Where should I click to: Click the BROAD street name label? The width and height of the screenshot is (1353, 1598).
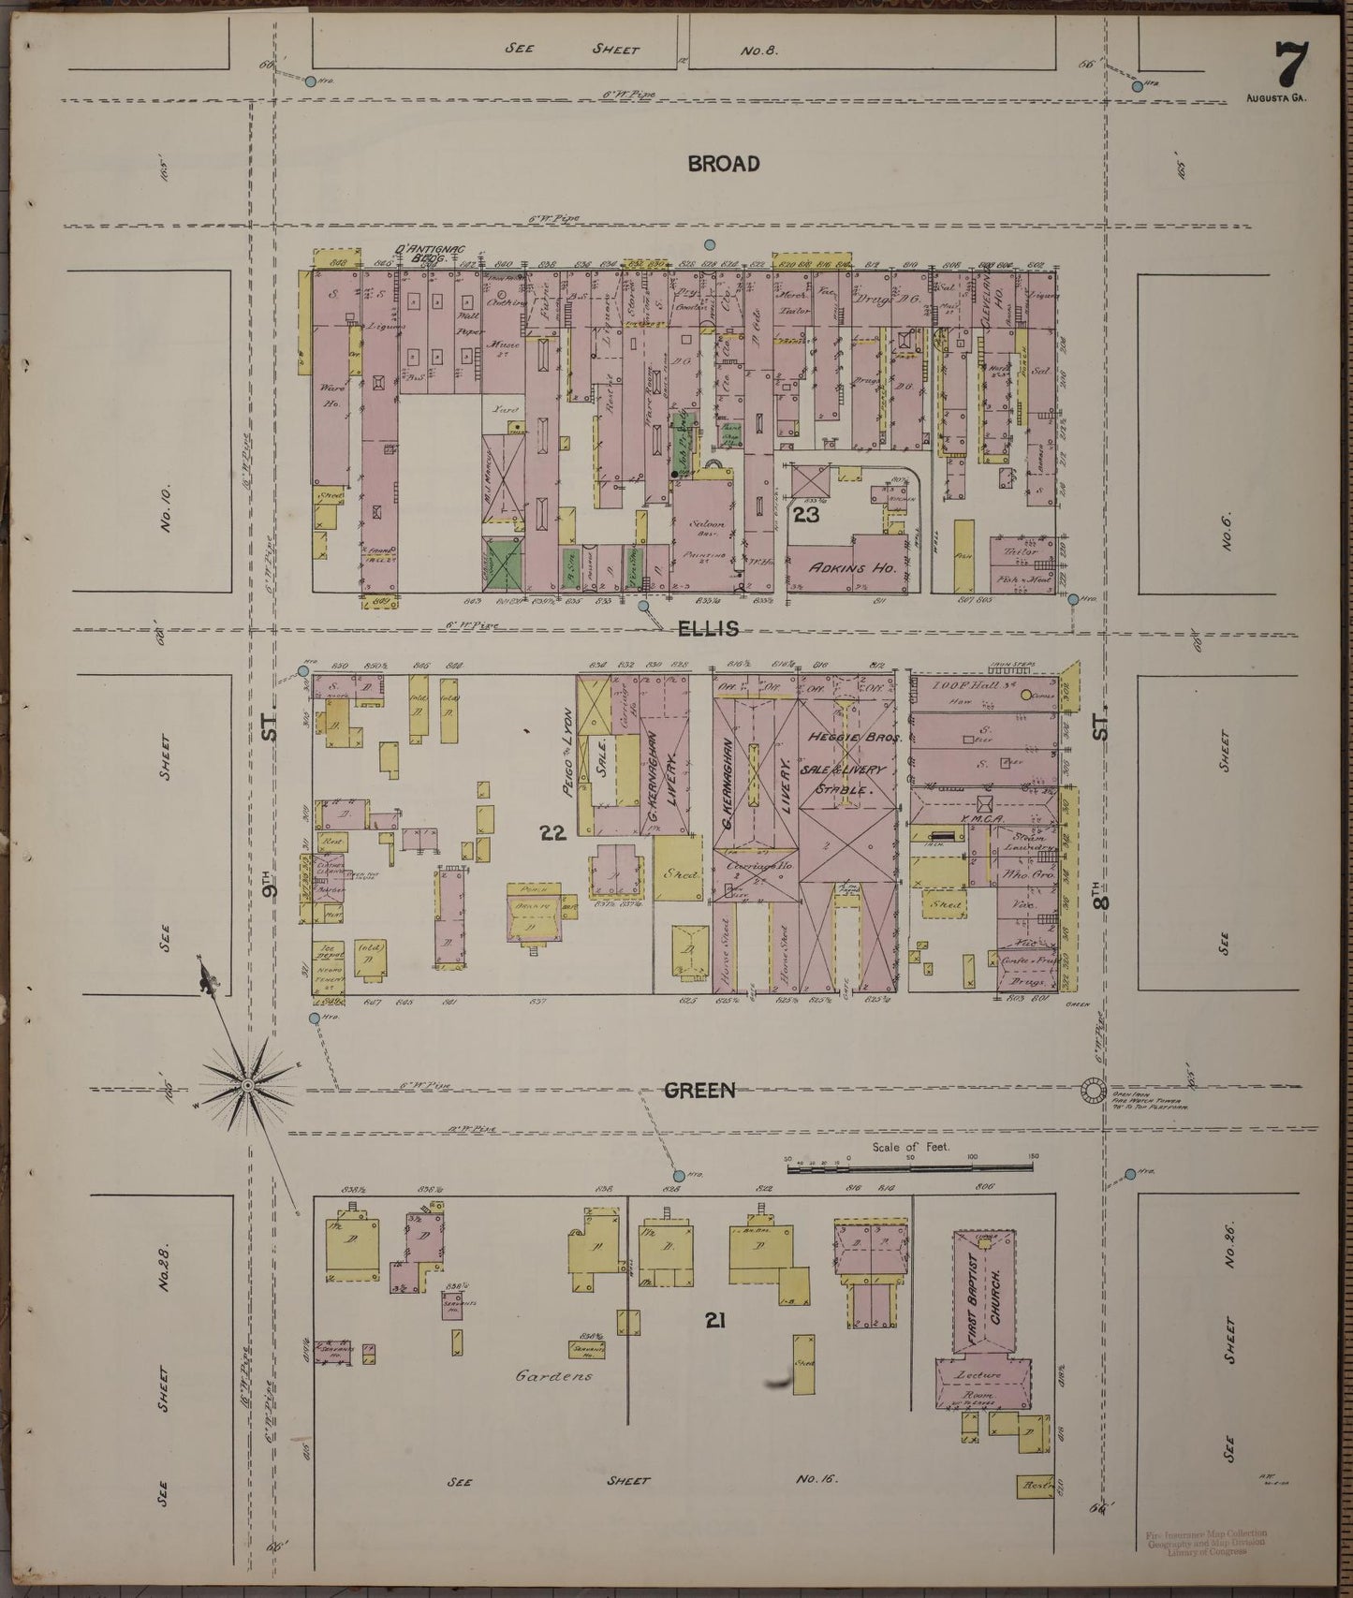[x=724, y=164]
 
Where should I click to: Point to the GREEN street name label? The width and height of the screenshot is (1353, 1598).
[x=700, y=1090]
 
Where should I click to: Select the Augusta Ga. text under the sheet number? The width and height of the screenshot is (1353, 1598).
[x=1276, y=97]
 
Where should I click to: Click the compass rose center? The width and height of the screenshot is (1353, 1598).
[x=247, y=1085]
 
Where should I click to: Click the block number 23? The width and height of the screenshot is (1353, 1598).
[x=806, y=514]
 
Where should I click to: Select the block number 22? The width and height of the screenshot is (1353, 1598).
[x=553, y=831]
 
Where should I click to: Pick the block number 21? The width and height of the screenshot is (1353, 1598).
[x=716, y=1320]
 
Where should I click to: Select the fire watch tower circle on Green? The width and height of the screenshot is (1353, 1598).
[x=1092, y=1091]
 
